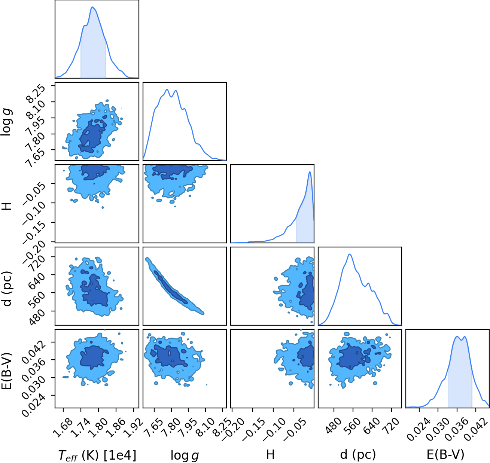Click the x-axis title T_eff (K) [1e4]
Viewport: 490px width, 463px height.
click(97, 455)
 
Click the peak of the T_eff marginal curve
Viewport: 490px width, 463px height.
click(92, 7)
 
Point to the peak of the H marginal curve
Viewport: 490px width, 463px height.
click(310, 172)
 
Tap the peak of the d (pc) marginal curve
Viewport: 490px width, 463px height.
click(350, 254)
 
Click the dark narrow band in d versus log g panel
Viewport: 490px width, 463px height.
click(170, 287)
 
